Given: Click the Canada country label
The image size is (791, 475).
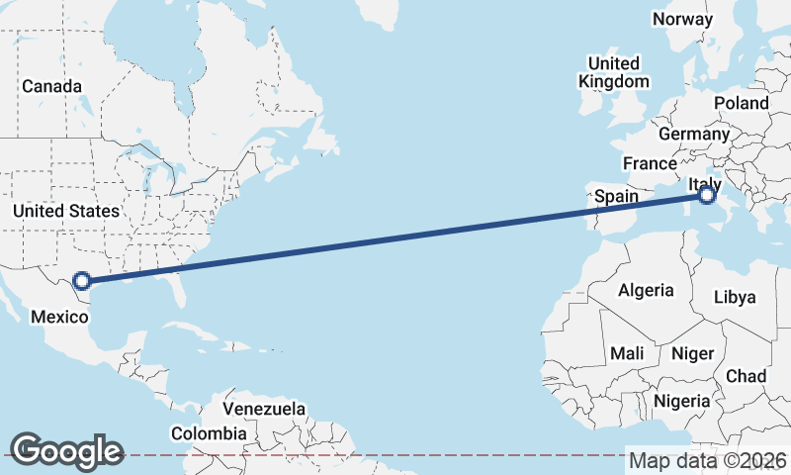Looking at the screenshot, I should point(52,87).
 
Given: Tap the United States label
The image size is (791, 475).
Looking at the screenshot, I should point(66,211).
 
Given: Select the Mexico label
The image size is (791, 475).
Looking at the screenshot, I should point(60,317).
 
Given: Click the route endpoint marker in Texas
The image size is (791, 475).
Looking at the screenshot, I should point(83,281).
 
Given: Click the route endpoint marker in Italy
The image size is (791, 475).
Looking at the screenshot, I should point(706,196).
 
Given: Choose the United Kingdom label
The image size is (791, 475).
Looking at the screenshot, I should point(614,73).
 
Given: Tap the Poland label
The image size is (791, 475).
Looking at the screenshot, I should point(741,103).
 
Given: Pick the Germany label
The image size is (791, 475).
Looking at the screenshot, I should point(693,134).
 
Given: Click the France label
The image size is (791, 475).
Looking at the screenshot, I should point(650,163).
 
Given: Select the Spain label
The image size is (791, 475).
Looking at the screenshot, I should point(616,197).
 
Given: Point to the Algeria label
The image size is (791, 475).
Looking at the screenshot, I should point(646,290).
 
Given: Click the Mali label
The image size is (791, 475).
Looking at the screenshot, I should point(627,353).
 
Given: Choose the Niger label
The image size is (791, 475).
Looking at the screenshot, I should point(692,353).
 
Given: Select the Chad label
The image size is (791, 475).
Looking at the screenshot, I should point(746,376).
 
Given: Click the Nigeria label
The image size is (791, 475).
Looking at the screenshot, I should point(681,401).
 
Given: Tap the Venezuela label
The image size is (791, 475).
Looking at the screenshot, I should point(264,409).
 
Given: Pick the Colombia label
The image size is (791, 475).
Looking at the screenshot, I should point(209,433).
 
